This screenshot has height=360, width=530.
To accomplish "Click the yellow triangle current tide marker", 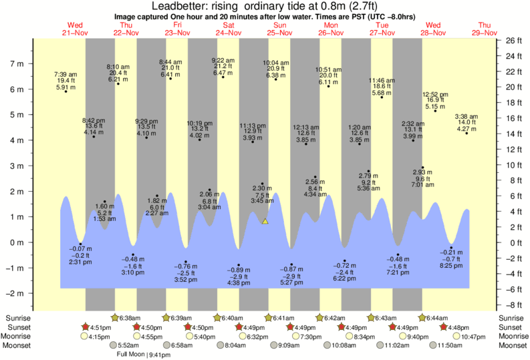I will (x=265, y=220).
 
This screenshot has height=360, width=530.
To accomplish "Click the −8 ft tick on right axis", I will (x=511, y=305).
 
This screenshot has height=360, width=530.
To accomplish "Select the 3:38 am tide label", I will (x=466, y=116).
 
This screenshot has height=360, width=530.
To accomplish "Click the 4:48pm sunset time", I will (x=460, y=327).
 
